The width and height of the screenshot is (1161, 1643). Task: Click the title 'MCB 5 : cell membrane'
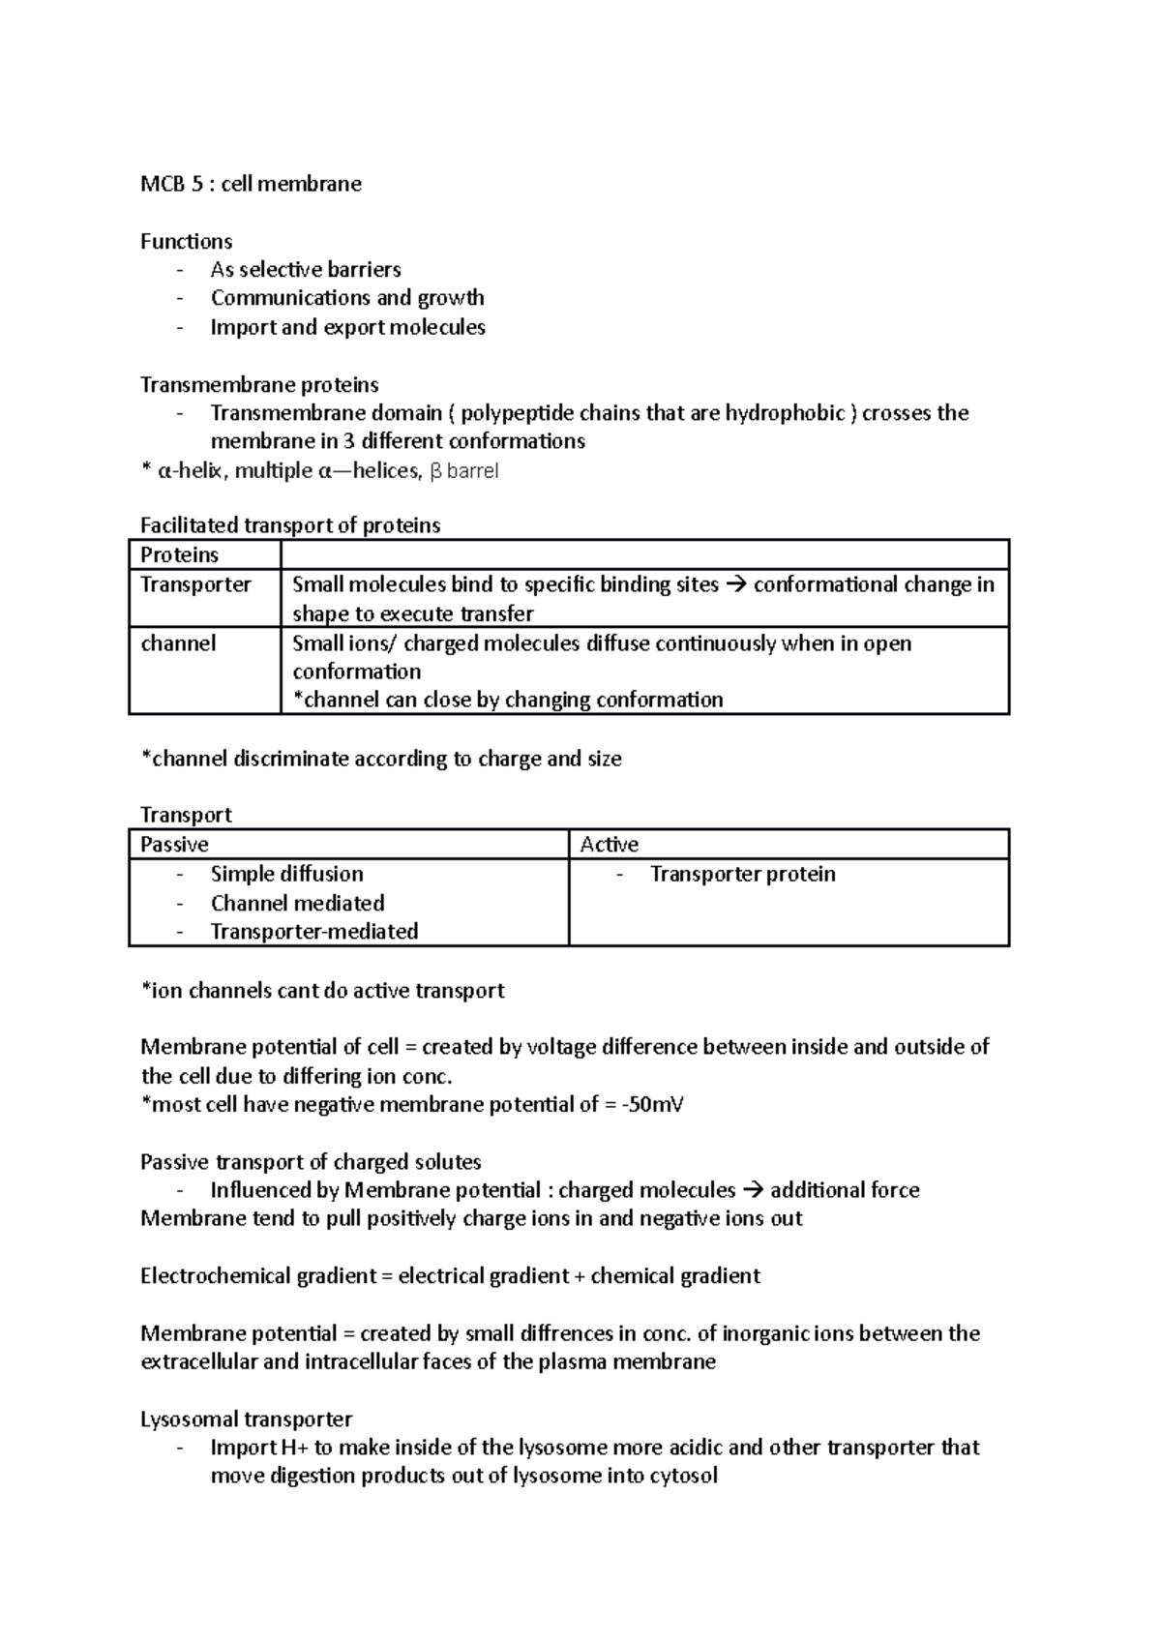(x=251, y=184)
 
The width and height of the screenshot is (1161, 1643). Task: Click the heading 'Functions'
(x=186, y=241)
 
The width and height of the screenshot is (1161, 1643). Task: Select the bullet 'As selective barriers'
(x=306, y=270)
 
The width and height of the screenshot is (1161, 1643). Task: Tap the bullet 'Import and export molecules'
(x=347, y=327)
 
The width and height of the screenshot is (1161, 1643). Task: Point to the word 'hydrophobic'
(x=785, y=413)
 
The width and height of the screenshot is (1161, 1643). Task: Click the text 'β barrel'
(x=463, y=471)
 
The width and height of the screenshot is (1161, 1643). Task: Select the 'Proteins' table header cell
(x=180, y=555)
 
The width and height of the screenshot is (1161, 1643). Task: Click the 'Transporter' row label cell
(x=195, y=584)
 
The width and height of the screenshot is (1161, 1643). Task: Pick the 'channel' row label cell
(x=178, y=643)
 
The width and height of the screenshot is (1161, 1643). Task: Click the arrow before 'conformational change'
(x=735, y=584)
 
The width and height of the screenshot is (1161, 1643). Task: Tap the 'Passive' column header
(x=174, y=845)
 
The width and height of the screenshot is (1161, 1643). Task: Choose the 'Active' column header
(x=609, y=845)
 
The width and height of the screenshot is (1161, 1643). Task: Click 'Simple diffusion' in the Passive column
(x=286, y=874)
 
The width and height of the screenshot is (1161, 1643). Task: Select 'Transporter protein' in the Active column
(x=742, y=874)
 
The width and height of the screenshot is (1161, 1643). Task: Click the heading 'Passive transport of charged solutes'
(x=311, y=1161)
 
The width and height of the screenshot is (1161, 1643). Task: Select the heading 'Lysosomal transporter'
(x=246, y=1419)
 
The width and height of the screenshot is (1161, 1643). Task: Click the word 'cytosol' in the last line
(x=685, y=1476)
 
